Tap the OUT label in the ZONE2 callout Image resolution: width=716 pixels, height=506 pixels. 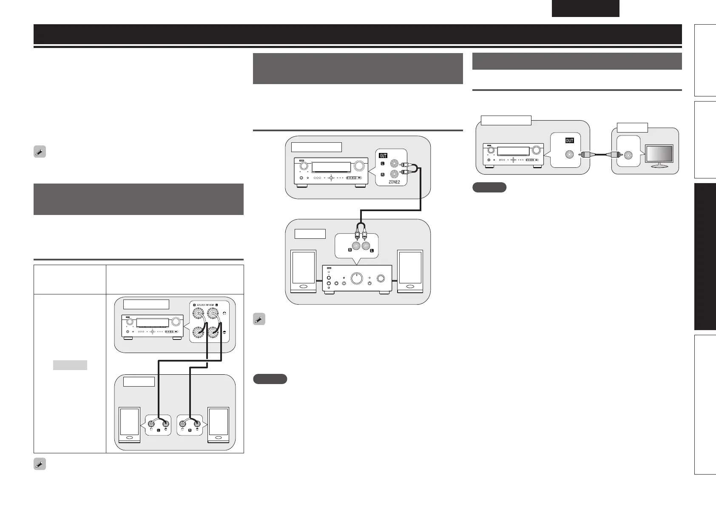(x=383, y=155)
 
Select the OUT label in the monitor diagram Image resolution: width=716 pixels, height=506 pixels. (x=569, y=141)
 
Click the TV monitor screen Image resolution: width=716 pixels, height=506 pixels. (x=659, y=154)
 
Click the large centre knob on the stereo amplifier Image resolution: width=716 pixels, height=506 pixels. (x=357, y=278)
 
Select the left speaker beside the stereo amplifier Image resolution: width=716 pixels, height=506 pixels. (x=303, y=271)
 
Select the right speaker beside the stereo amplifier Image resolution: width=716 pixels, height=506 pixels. (x=410, y=271)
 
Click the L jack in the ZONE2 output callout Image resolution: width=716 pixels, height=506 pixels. (x=396, y=163)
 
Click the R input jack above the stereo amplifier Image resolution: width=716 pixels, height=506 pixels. (x=355, y=246)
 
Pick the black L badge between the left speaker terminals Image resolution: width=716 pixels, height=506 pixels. (x=158, y=430)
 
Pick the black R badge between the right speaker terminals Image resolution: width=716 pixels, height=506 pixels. (x=190, y=430)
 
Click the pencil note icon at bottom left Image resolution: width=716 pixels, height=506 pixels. (x=40, y=464)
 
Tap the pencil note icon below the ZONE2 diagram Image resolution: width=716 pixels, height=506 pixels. (x=259, y=319)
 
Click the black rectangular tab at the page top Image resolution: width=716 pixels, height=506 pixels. (x=585, y=8)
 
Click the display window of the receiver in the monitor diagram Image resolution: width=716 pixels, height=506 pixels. (x=513, y=151)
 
